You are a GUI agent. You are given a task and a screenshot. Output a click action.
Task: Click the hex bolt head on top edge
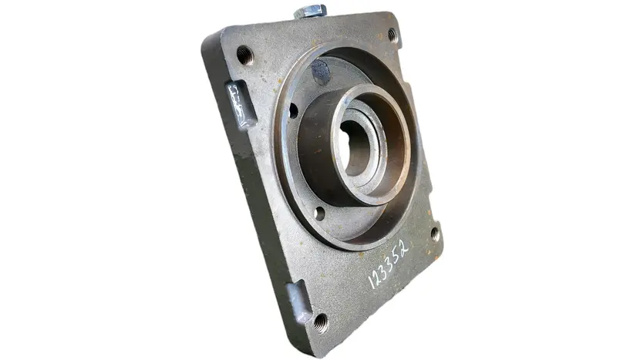point(310,11)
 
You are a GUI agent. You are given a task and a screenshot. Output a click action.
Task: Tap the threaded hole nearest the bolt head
point(392,35)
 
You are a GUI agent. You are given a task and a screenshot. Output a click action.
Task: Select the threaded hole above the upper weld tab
point(245,55)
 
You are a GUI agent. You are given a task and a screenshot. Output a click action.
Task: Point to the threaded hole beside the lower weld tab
point(321,323)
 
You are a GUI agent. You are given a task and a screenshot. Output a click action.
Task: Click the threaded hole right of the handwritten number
point(435,234)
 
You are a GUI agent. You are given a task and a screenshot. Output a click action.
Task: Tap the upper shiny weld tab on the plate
point(241,105)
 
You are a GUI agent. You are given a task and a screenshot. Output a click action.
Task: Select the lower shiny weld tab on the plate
point(299,301)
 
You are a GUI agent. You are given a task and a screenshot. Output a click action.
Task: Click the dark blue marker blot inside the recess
point(322,72)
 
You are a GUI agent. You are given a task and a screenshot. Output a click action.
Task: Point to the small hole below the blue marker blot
point(294,111)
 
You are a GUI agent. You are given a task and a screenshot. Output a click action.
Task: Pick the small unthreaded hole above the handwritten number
point(319,213)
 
